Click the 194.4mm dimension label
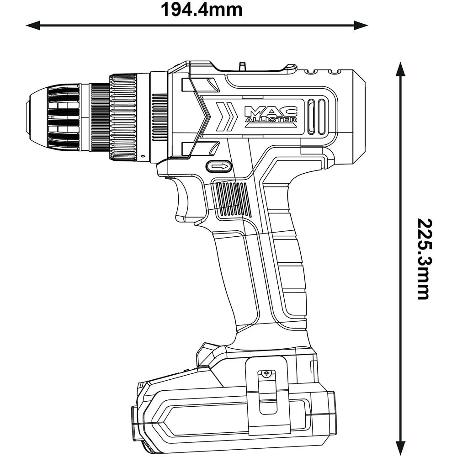(x=201, y=9)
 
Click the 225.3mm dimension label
(x=424, y=259)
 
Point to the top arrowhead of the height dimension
(x=401, y=69)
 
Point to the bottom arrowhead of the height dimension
(x=401, y=449)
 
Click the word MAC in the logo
(x=271, y=111)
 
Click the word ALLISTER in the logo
(x=271, y=120)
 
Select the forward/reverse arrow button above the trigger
(x=220, y=166)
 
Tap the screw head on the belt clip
(x=266, y=374)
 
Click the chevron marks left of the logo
(x=226, y=117)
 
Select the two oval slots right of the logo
(x=317, y=117)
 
